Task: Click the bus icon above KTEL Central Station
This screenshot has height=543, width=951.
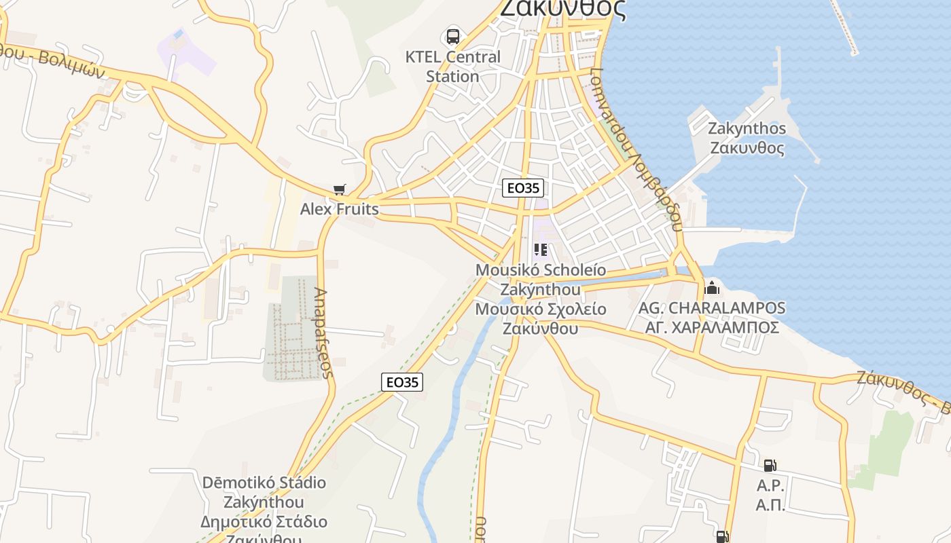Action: [453, 36]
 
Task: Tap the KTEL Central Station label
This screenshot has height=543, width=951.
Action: [452, 67]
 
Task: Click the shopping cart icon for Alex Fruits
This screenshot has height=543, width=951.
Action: [339, 189]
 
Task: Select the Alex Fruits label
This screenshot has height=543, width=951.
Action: [339, 209]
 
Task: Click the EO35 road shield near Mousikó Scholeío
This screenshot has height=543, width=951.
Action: [523, 188]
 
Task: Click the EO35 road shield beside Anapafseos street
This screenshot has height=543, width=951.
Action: [402, 382]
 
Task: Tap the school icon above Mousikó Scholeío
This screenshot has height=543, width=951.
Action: [541, 250]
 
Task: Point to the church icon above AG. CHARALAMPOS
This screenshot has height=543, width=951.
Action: [712, 288]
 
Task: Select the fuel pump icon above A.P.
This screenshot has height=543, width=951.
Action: [770, 466]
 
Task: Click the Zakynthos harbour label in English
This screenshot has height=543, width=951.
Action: [747, 128]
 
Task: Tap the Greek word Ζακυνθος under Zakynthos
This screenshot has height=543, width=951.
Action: [747, 148]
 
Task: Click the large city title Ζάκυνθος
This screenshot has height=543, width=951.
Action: [562, 8]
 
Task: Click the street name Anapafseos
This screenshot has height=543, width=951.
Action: [323, 333]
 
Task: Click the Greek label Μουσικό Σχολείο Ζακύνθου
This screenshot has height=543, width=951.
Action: [541, 318]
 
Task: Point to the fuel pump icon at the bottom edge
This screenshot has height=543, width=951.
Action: [721, 537]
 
